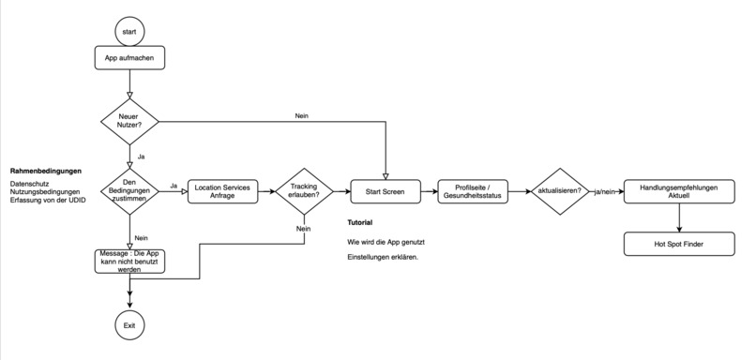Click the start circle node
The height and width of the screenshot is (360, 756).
click(x=129, y=32)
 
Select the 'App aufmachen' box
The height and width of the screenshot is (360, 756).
click(x=129, y=58)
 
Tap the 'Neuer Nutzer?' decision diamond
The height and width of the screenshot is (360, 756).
click(x=129, y=121)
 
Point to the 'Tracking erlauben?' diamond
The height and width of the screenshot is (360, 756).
click(x=303, y=190)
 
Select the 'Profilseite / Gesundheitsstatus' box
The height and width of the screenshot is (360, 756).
click(x=474, y=190)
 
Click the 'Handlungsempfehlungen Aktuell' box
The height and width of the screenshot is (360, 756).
click(x=678, y=190)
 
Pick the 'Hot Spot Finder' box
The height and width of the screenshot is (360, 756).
click(x=678, y=245)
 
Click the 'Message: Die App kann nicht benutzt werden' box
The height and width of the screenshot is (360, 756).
click(x=129, y=261)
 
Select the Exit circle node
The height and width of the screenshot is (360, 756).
click(x=129, y=324)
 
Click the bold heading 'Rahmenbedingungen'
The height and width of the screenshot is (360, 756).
click(x=46, y=172)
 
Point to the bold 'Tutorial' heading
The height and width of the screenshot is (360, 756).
click(x=360, y=223)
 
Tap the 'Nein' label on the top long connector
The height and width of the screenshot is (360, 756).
click(x=302, y=115)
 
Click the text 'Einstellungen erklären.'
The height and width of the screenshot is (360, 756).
click(x=383, y=257)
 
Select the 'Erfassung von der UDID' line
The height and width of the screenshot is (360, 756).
click(x=48, y=202)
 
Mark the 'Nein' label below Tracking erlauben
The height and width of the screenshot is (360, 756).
click(x=303, y=229)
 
